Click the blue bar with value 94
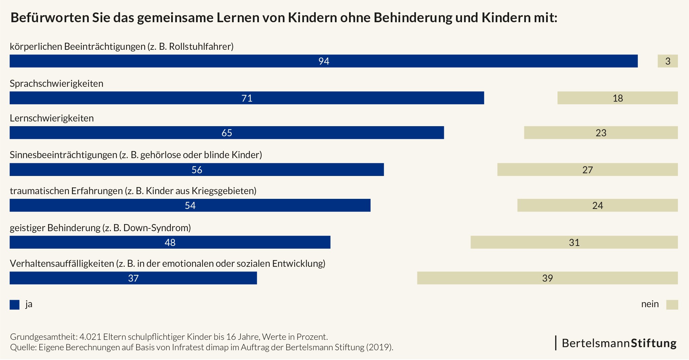pyautogui.click(x=323, y=61)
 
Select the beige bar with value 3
pyautogui.click(x=667, y=61)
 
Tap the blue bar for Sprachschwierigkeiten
pyautogui.click(x=246, y=98)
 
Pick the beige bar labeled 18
pyautogui.click(x=617, y=98)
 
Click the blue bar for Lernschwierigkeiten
pyautogui.click(x=227, y=133)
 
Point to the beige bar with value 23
pyautogui.click(x=601, y=133)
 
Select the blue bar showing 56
pyautogui.click(x=197, y=170)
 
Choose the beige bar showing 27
pyautogui.click(x=587, y=170)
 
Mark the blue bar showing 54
pyautogui.click(x=190, y=205)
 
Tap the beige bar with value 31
pyautogui.click(x=574, y=242)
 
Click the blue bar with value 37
pyautogui.click(x=133, y=278)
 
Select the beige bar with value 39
pyautogui.click(x=547, y=278)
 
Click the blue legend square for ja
pyautogui.click(x=14, y=304)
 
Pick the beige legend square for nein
pyautogui.click(x=672, y=304)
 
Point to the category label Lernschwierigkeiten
pyautogui.click(x=52, y=118)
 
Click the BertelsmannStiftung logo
pyautogui.click(x=619, y=343)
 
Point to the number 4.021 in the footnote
pyautogui.click(x=90, y=337)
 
